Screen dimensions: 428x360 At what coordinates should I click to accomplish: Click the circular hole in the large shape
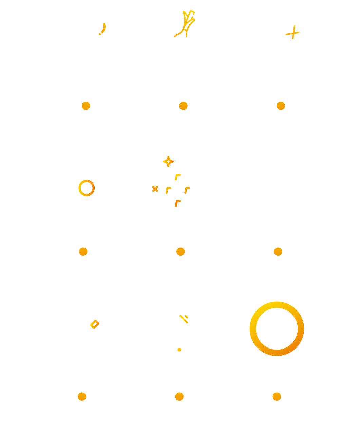pos(277,329)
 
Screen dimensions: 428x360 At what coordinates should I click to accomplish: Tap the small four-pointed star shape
pos(291,32)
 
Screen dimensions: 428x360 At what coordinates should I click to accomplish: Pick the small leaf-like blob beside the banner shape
pos(99,28)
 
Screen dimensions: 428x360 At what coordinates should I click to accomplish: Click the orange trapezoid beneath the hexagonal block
pos(147,182)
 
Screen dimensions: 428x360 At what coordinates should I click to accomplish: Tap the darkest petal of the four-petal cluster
pos(178,203)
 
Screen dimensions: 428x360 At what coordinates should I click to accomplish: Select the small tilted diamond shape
pos(94,325)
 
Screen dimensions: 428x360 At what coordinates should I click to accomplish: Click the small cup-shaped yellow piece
pos(182,321)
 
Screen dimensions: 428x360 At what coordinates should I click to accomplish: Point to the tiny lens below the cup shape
pos(179,350)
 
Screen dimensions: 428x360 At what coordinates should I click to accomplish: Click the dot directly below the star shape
pos(281,106)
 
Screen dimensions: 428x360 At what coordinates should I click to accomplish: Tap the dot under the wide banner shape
pos(183,106)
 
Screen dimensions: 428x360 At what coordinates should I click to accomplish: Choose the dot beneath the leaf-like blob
pos(86,106)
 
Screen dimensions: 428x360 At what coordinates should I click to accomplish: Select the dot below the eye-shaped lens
pos(83,251)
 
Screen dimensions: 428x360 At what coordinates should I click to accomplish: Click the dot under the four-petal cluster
pos(181,251)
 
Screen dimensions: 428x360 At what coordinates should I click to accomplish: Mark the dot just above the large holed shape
pos(278,251)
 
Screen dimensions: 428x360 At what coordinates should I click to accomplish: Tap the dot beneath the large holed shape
pos(277,396)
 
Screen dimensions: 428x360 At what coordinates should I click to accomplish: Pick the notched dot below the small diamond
pos(82,396)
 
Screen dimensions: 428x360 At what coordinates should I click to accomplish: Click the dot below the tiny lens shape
pos(179,396)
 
